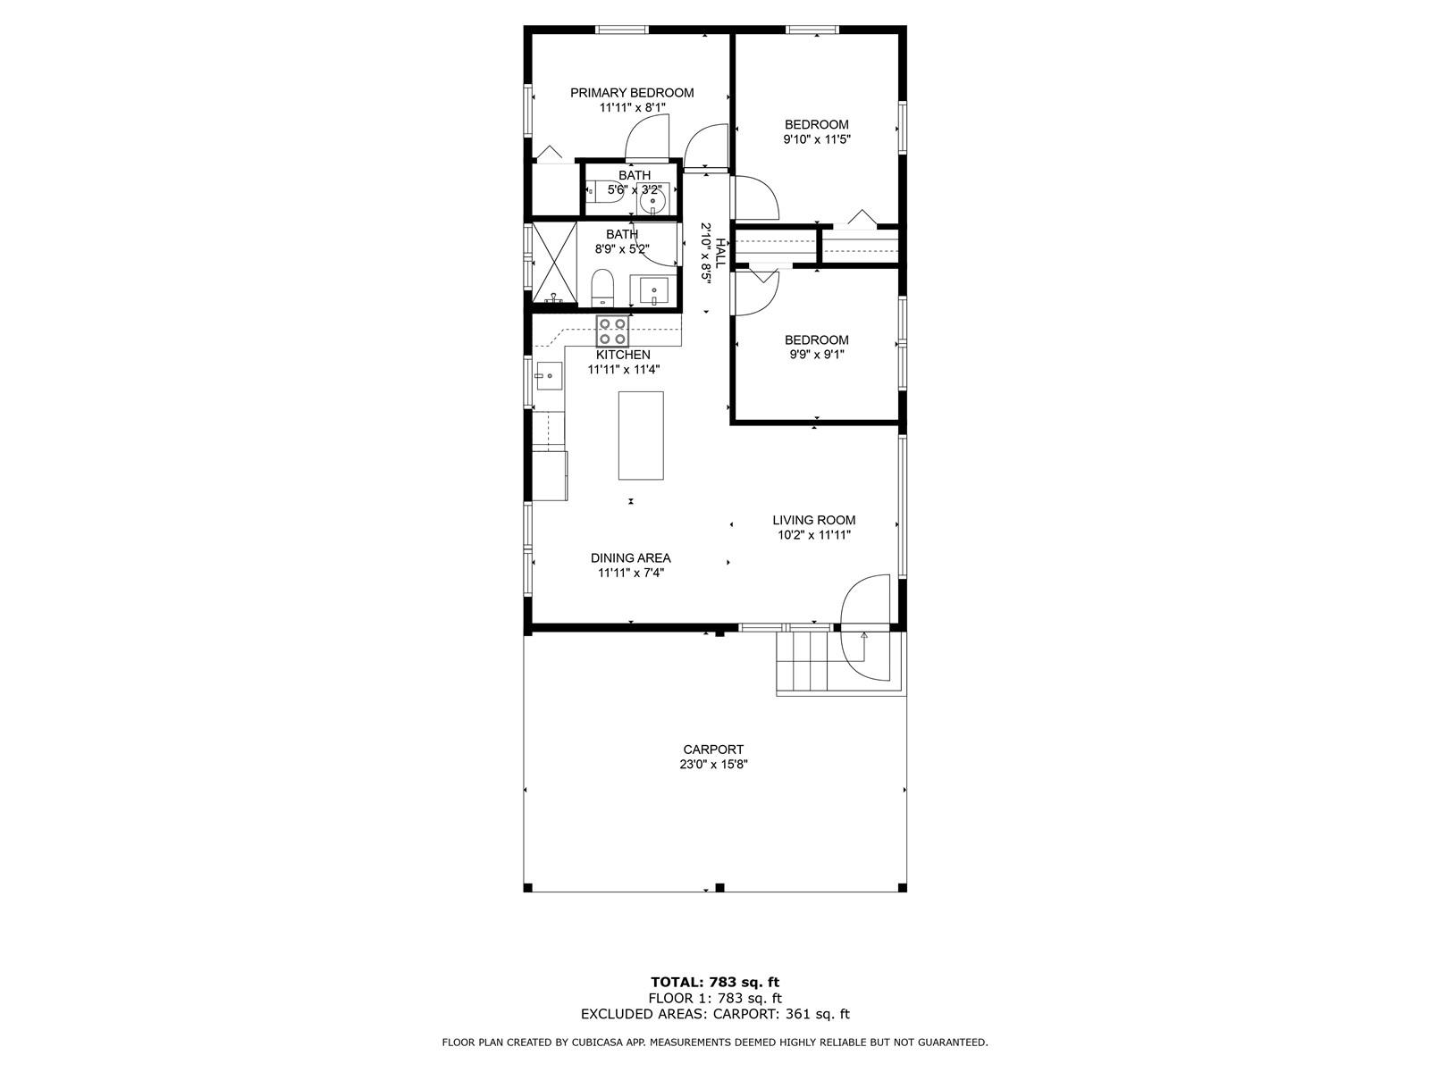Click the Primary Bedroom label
point(632,93)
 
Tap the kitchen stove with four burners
point(612,331)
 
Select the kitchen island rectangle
point(641,435)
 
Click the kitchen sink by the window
point(549,376)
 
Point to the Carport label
point(713,750)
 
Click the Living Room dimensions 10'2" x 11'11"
point(814,535)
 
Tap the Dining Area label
point(631,557)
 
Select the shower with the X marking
point(554,263)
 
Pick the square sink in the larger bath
point(652,290)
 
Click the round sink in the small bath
point(652,201)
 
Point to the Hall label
point(720,253)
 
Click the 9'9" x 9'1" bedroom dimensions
point(817,355)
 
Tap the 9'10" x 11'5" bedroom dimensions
point(817,139)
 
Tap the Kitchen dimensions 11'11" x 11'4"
point(624,370)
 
